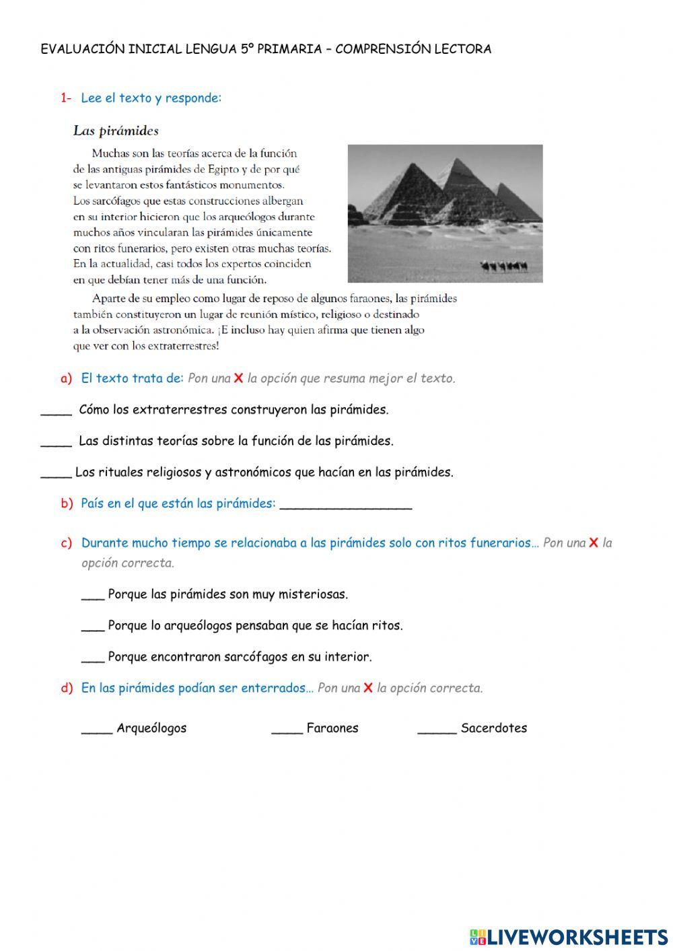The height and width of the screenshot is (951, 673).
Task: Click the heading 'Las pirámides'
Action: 116,131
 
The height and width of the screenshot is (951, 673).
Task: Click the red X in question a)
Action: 238,378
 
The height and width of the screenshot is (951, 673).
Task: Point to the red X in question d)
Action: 368,688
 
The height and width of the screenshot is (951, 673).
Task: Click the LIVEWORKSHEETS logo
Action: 569,936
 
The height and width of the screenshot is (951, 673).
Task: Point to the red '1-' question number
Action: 66,98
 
